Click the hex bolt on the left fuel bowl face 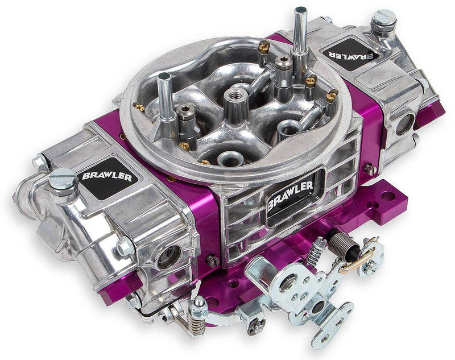[x=123, y=248]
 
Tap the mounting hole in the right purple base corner [x=388, y=196]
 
